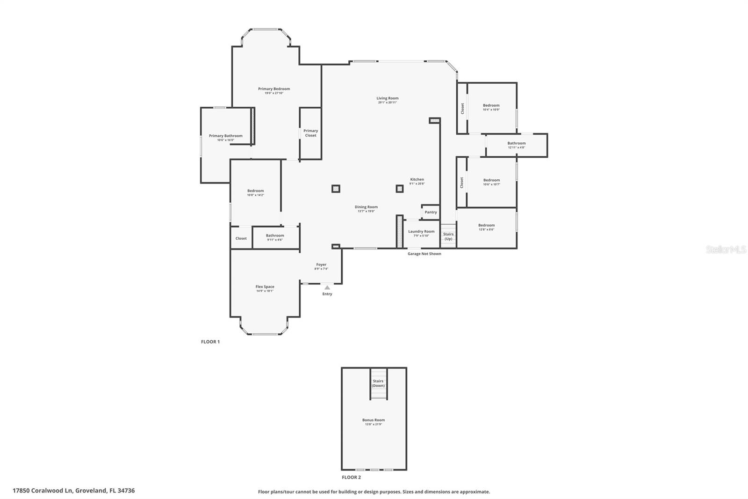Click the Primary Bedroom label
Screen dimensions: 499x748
pyautogui.click(x=274, y=89)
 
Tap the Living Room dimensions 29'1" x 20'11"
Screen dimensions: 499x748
pyautogui.click(x=388, y=103)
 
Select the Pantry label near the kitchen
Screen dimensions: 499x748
pyautogui.click(x=431, y=212)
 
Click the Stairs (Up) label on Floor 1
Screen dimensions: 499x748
pyautogui.click(x=448, y=236)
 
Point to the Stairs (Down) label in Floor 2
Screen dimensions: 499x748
pyautogui.click(x=378, y=383)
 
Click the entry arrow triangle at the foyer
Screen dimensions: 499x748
pyautogui.click(x=327, y=287)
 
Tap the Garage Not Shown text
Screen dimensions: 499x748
pyautogui.click(x=424, y=254)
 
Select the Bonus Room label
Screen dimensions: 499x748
pyautogui.click(x=374, y=420)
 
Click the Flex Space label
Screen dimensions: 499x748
pyautogui.click(x=265, y=286)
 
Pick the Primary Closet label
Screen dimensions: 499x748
pyautogui.click(x=310, y=133)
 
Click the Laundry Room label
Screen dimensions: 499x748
pyautogui.click(x=421, y=231)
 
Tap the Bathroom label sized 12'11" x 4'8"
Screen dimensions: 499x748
pyautogui.click(x=517, y=143)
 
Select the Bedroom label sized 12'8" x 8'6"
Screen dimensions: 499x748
pyautogui.click(x=486, y=225)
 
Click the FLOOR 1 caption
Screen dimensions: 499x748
pyautogui.click(x=210, y=342)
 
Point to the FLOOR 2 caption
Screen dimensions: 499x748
pyautogui.click(x=351, y=477)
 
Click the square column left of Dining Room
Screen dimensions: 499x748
pyautogui.click(x=336, y=189)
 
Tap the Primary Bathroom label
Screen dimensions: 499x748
pyautogui.click(x=225, y=136)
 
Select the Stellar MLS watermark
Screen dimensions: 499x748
pyautogui.click(x=726, y=250)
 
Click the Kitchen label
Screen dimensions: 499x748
pyautogui.click(x=417, y=179)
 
